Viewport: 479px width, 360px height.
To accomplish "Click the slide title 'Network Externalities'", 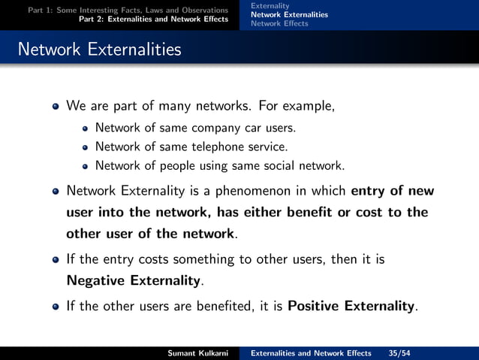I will [99, 50].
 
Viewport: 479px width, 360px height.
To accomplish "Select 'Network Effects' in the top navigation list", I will [279, 23].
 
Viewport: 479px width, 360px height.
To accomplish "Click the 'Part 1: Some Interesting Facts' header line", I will [128, 10].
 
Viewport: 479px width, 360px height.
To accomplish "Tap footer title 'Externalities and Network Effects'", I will [311, 353].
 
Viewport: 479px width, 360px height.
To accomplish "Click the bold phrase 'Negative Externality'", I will [134, 282].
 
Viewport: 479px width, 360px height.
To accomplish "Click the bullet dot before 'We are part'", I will [55, 107].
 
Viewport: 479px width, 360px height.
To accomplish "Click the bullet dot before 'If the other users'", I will [55, 307].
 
